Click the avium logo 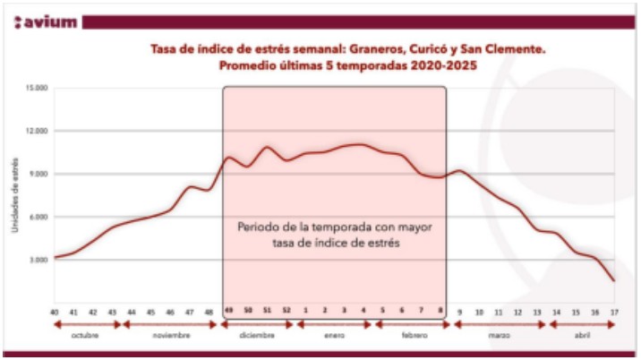point(46,21)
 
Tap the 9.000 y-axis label point(38,174)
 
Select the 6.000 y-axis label point(38,217)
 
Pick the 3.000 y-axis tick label point(38,260)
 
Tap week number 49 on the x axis point(230,310)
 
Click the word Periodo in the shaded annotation point(259,226)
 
